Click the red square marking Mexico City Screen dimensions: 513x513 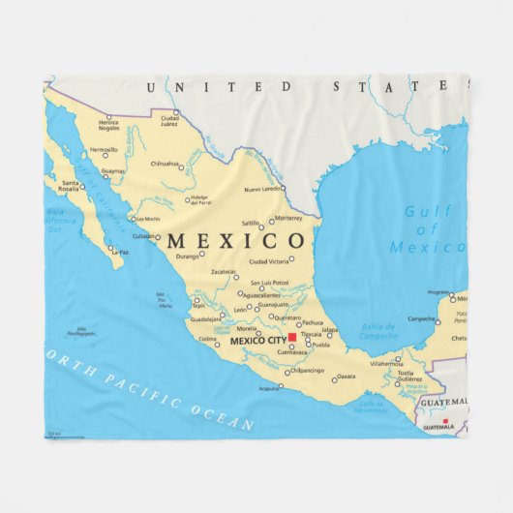[291, 338]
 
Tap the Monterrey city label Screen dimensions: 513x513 [288, 219]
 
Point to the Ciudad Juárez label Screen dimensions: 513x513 [169, 121]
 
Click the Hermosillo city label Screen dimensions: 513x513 [104, 150]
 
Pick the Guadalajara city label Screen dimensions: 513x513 [206, 318]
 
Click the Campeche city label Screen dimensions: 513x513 [420, 317]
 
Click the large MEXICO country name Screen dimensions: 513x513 [236, 239]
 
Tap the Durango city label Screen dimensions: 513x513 [188, 256]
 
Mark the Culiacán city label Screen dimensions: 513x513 [143, 236]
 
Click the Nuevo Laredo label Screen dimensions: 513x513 [263, 188]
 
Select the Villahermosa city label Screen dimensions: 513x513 [384, 363]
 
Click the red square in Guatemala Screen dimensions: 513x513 [446, 421]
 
